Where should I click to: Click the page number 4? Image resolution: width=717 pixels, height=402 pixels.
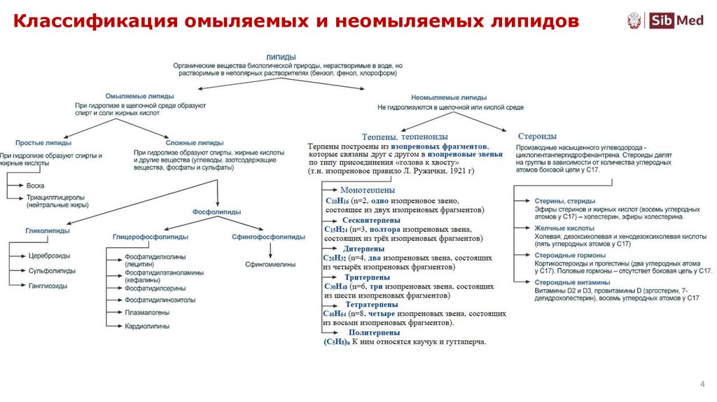click(702, 384)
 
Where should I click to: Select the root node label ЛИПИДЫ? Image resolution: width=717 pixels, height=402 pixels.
click(281, 57)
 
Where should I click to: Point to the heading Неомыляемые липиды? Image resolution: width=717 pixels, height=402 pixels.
click(449, 98)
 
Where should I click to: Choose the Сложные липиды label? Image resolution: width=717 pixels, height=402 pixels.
click(196, 142)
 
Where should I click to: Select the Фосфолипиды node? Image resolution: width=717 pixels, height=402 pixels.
click(217, 212)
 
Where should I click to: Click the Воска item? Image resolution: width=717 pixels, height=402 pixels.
click(35, 186)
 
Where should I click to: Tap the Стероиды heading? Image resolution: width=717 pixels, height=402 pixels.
click(537, 136)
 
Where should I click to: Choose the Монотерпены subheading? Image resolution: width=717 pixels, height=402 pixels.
click(368, 190)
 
